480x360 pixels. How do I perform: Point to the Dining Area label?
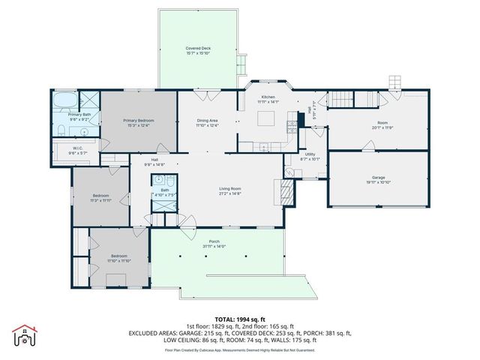(x=207, y=122)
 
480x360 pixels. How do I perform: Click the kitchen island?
(x=268, y=118)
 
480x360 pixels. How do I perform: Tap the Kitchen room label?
(x=268, y=97)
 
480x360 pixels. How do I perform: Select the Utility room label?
(x=310, y=154)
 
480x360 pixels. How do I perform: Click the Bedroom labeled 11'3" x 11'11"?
(x=100, y=198)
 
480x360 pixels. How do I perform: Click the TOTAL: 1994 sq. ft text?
(x=240, y=318)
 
